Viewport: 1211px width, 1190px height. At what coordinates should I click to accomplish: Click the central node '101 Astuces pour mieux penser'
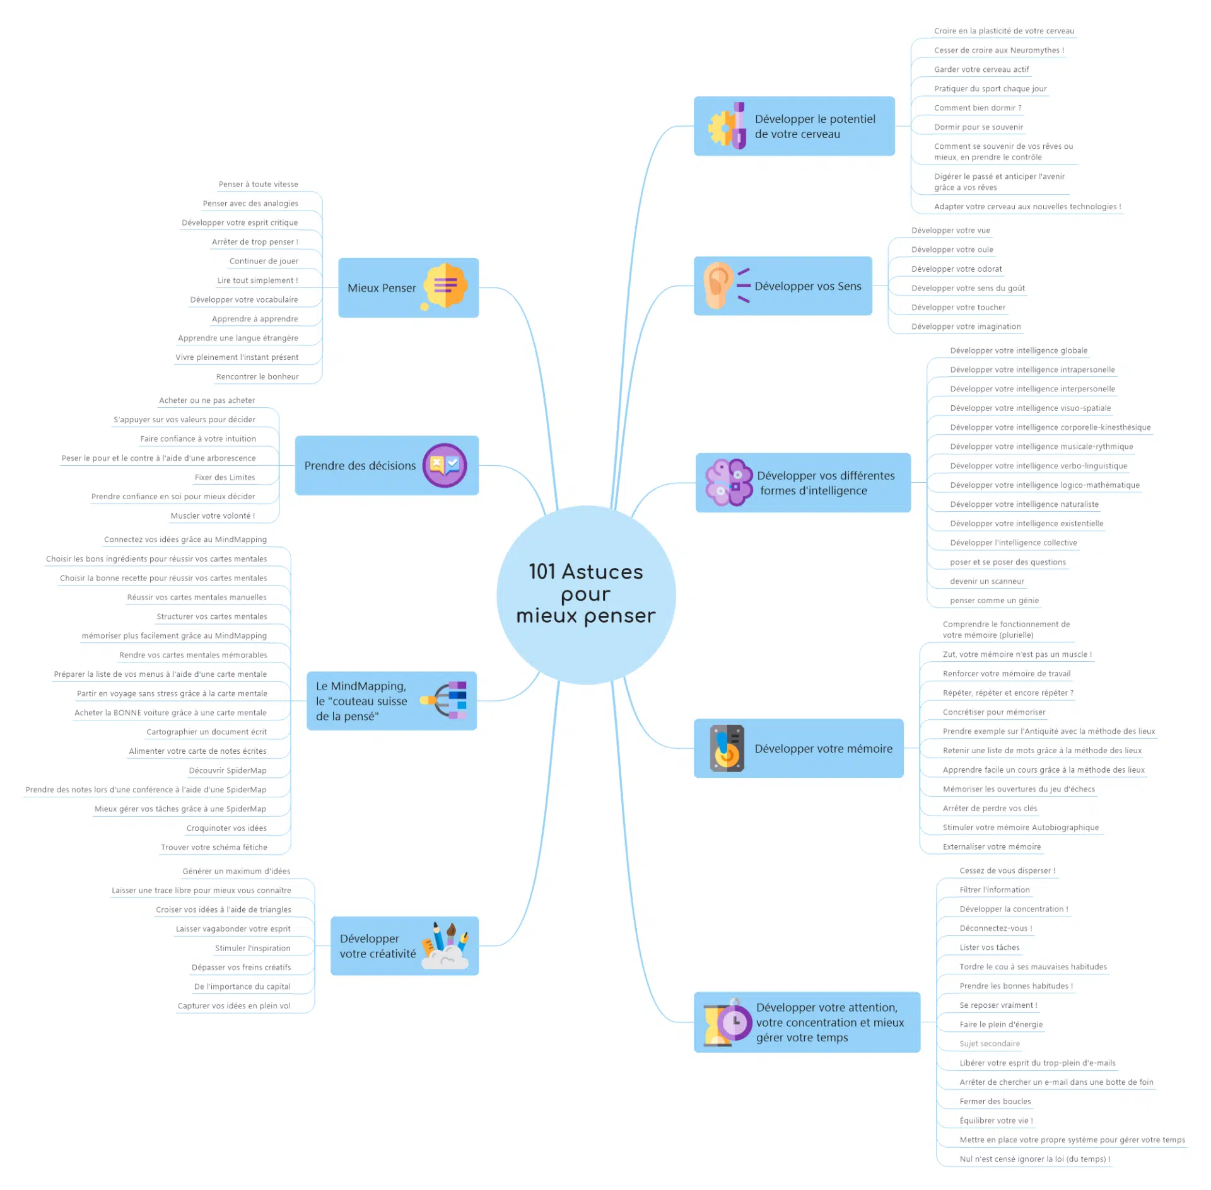(586, 594)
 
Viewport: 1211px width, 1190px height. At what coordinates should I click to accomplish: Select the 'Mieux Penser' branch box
(407, 287)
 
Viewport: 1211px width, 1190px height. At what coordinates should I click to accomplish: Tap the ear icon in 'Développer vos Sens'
(718, 286)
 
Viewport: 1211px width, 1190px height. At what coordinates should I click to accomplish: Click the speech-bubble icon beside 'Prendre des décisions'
(444, 465)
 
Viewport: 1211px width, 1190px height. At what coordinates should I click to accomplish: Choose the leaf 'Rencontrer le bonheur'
(257, 376)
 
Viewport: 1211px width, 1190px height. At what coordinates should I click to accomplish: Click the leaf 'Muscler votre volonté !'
(213, 516)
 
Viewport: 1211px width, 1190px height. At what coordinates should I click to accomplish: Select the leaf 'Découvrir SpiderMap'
(228, 770)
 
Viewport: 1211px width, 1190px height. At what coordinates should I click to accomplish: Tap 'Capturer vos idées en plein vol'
(234, 1005)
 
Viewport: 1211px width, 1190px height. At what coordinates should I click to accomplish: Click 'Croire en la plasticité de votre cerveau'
(1003, 31)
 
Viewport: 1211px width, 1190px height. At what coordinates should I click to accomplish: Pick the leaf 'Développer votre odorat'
(956, 269)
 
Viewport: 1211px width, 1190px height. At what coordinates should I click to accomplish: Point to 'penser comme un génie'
(994, 600)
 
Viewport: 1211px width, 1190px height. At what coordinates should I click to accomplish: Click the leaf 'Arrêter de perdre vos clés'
(990, 808)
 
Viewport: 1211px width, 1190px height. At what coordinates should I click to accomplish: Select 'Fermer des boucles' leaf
(995, 1101)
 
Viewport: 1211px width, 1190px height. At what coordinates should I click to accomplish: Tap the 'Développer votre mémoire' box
(799, 748)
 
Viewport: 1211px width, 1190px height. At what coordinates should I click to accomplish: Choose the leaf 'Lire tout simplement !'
(257, 280)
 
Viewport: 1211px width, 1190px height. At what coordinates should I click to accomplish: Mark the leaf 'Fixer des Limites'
(225, 477)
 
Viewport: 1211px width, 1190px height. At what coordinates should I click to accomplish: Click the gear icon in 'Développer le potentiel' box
(720, 127)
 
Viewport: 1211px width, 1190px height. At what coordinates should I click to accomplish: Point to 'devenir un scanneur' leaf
(987, 581)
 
